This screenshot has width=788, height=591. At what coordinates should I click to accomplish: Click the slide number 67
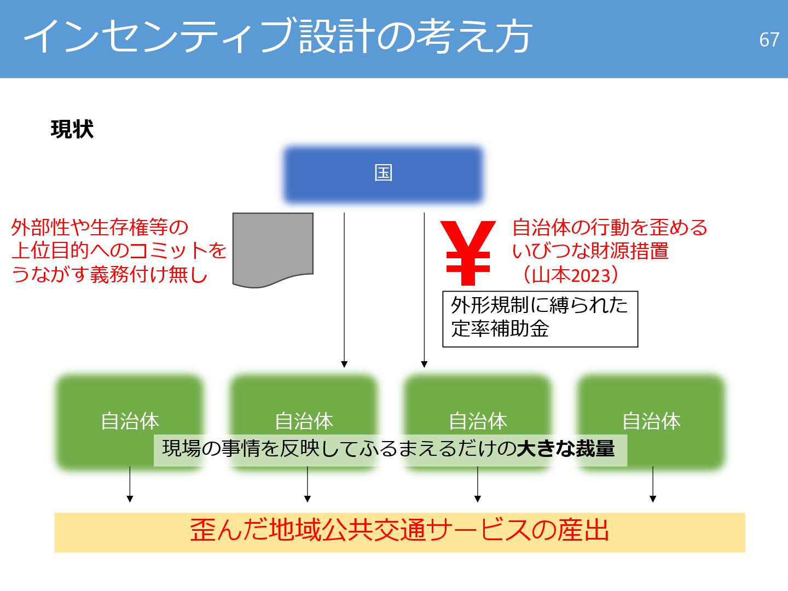768,39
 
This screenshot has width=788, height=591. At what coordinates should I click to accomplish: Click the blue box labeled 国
383,174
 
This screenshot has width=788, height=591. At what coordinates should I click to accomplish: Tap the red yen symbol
468,253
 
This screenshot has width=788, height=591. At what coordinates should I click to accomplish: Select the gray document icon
273,249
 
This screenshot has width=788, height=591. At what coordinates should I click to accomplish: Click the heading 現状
72,130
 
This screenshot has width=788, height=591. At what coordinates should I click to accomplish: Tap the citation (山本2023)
570,274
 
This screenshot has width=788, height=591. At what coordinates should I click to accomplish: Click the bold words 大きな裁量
566,449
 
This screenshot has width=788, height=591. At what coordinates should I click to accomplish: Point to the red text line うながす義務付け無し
109,274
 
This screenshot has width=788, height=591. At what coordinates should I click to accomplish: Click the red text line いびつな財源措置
590,251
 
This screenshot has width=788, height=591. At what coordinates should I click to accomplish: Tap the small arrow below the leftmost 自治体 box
130,484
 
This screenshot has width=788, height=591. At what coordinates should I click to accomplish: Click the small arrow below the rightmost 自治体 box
652,484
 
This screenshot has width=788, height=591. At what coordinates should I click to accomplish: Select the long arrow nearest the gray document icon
344,290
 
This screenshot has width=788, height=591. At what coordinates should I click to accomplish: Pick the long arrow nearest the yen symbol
424,290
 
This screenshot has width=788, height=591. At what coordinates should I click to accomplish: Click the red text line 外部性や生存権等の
100,227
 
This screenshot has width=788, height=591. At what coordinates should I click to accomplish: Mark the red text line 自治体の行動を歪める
610,227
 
